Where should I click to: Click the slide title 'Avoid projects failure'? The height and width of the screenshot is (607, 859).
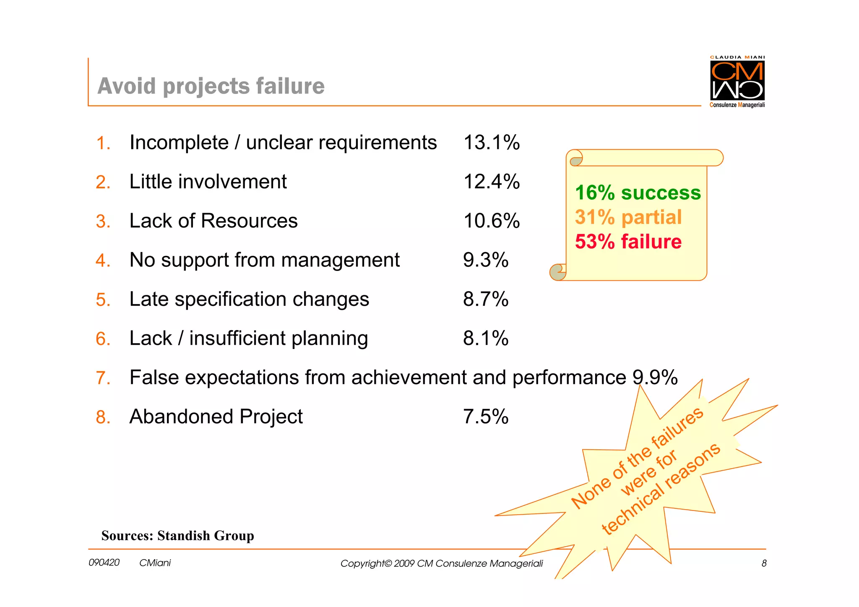211,86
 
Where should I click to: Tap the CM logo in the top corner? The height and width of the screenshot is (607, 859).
737,81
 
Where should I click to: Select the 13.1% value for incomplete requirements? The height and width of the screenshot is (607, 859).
492,143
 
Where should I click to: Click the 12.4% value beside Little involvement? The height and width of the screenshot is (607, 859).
492,182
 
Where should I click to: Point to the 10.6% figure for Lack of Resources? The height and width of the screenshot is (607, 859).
492,221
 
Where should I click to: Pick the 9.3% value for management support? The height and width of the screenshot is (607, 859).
486,260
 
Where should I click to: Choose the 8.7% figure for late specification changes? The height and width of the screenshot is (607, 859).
486,300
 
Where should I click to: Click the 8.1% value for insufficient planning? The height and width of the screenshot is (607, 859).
486,339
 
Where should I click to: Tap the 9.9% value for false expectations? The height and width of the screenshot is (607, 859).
655,378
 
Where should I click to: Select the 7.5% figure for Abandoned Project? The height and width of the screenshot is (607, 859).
486,417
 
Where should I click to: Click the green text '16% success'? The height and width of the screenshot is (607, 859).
638,193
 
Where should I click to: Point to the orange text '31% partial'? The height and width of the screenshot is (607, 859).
628,217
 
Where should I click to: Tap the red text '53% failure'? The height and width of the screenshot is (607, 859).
628,242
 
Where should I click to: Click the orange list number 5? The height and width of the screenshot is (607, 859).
103,300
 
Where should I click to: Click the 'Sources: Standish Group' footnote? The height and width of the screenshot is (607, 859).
177,536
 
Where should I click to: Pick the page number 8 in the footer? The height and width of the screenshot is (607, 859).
764,563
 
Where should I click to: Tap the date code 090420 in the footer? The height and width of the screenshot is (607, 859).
104,563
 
